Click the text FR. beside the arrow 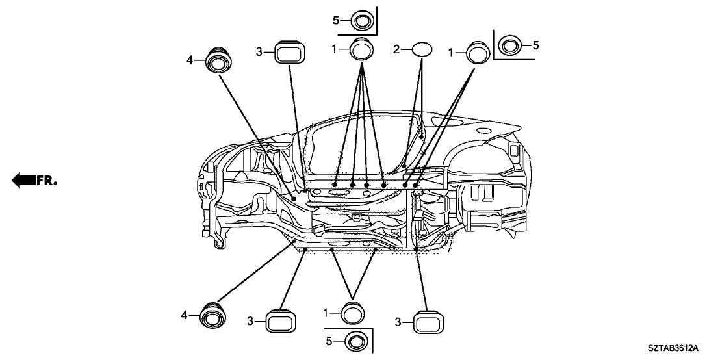coord(47,181)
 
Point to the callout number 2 coord(397,49)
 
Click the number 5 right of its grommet coord(536,45)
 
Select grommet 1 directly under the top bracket coord(362,50)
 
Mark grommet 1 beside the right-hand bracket coord(477,51)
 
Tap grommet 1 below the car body coord(353,313)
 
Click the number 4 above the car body coord(190,60)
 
